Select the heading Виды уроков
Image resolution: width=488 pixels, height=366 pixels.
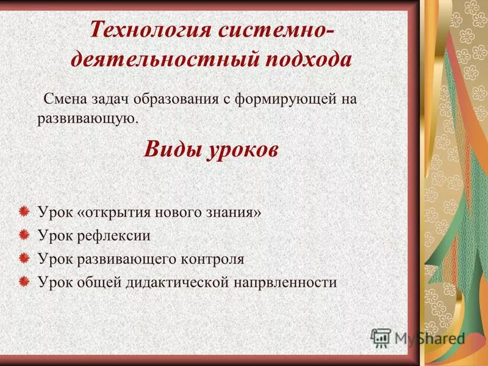point(211,149)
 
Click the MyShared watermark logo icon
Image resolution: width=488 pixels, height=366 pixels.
point(381,337)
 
